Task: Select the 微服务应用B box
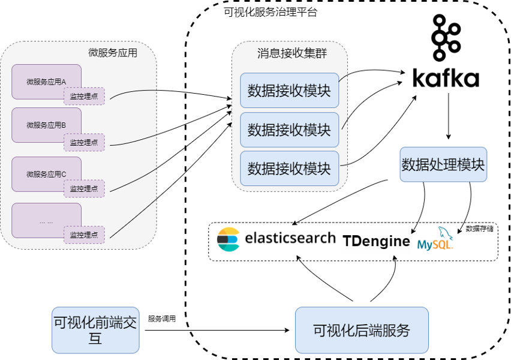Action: pos(46,124)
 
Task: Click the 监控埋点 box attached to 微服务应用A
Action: pos(84,96)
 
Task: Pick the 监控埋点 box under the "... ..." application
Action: pos(84,235)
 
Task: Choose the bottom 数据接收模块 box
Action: pos(289,169)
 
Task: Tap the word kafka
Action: pos(446,79)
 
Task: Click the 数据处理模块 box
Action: pos(443,164)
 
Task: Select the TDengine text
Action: pos(377,241)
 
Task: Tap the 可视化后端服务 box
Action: pos(362,329)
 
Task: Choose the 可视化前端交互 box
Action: pos(95,329)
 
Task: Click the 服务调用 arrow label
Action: pos(162,319)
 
